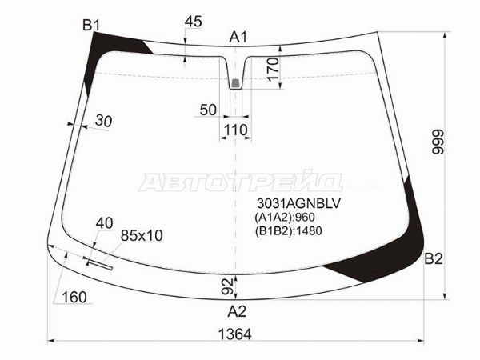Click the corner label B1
tap(90, 26)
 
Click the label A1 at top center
tap(238, 36)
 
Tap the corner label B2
tap(433, 258)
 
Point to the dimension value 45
tap(193, 22)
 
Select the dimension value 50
tap(208, 110)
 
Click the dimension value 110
tap(235, 130)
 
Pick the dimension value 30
tap(104, 121)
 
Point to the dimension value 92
tap(227, 285)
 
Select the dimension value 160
tap(74, 298)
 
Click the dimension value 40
tap(104, 222)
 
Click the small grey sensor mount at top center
tap(235, 82)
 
